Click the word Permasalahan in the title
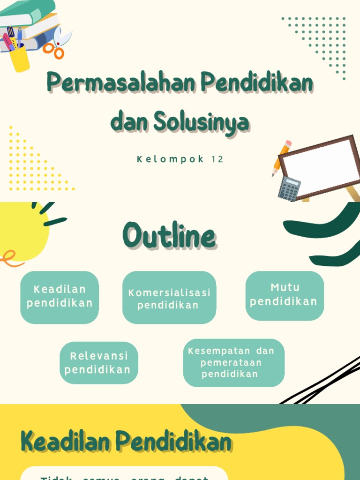pyautogui.click(x=122, y=83)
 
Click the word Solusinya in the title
pyautogui.click(x=202, y=123)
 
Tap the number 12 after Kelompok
pyautogui.click(x=217, y=159)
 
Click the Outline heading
pyautogui.click(x=169, y=237)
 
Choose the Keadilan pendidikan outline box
pyautogui.click(x=60, y=297)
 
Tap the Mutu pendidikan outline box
pyautogui.click(x=285, y=295)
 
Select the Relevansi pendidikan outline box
pyautogui.click(x=98, y=362)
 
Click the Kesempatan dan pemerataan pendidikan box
pyautogui.click(x=233, y=362)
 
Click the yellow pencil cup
pyautogui.click(x=20, y=58)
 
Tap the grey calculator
pyautogui.click(x=289, y=188)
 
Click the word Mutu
pyautogui.click(x=285, y=287)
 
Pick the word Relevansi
pyautogui.click(x=99, y=356)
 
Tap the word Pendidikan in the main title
pyautogui.click(x=257, y=83)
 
